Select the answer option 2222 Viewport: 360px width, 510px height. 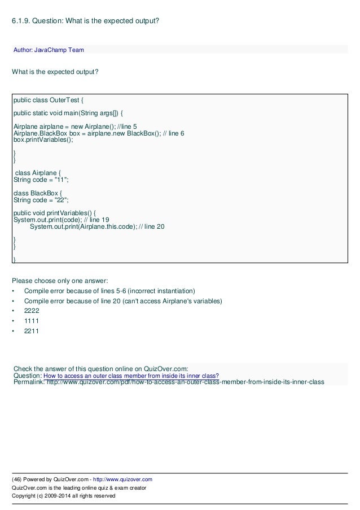pyautogui.click(x=32, y=311)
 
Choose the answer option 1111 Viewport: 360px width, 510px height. pyautogui.click(x=32, y=321)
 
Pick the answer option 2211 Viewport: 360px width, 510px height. pyautogui.click(x=32, y=331)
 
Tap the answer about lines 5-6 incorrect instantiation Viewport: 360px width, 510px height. pyautogui.click(x=109, y=290)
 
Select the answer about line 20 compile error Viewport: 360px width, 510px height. pyautogui.click(x=123, y=300)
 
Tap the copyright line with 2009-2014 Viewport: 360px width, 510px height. pyautogui.click(x=64, y=495)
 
